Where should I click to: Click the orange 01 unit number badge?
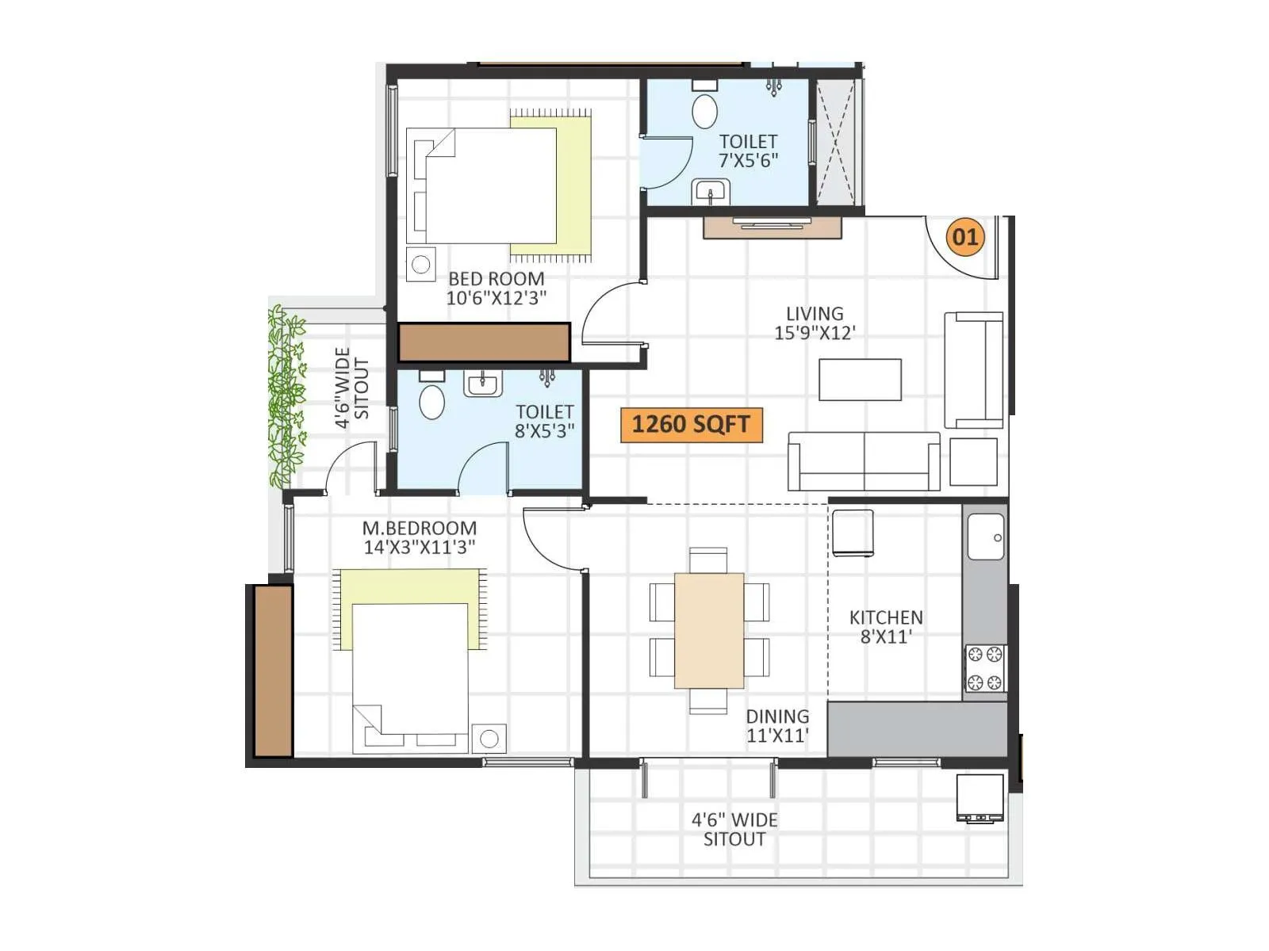coord(965,236)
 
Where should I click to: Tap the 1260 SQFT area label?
coord(691,425)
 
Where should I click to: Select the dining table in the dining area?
coord(709,630)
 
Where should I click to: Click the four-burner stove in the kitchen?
coord(984,668)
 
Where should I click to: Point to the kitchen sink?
coord(985,537)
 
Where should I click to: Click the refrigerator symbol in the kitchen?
coord(853,533)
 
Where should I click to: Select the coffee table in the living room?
coord(860,380)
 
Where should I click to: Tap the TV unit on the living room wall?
coord(772,227)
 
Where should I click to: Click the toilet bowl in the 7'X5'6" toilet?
coord(704,111)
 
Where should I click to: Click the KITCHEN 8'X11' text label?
coord(886,627)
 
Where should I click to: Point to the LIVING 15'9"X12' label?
coord(815,323)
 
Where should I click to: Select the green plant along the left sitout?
coord(286,396)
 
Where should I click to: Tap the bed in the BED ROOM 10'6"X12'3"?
coord(492,186)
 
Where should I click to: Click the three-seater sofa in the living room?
coord(864,461)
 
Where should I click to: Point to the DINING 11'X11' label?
coord(777,726)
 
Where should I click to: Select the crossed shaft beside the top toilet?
coord(837,143)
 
